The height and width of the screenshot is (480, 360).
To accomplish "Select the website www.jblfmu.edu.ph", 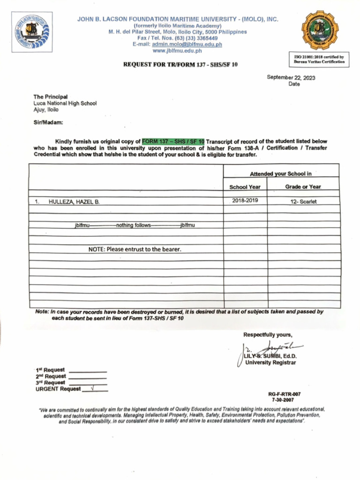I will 177,51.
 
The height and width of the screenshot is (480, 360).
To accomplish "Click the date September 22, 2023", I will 291,78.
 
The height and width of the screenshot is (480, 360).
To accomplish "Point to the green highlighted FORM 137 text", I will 173,142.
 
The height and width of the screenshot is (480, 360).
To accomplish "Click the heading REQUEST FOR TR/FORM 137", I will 180,64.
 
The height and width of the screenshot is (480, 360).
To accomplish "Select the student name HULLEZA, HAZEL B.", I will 74,202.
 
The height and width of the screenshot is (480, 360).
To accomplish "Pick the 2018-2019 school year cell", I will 245,201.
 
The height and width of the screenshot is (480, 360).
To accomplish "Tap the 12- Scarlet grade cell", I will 303,202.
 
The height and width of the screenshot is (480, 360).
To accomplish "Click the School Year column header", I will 245,187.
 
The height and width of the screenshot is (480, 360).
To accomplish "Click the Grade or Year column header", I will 303,187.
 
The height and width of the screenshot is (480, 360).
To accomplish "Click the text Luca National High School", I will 65,103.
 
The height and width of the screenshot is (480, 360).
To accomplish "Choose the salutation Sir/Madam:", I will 48,122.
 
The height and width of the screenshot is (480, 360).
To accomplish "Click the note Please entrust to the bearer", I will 135,249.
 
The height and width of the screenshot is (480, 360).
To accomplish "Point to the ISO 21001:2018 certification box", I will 319,60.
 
